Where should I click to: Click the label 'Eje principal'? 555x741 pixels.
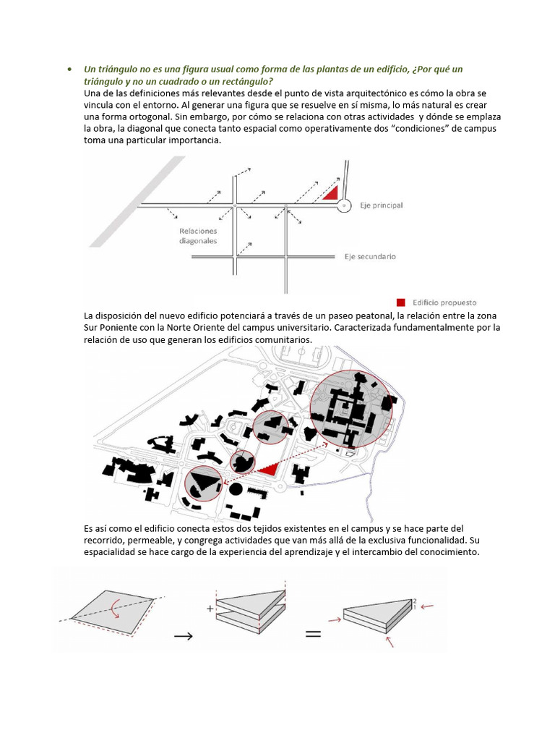click(x=382, y=206)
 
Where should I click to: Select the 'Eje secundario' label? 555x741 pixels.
click(x=370, y=256)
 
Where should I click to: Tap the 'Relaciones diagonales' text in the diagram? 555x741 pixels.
click(x=199, y=237)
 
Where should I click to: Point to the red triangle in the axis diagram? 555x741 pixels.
click(x=331, y=192)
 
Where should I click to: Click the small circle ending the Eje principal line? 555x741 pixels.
click(x=345, y=206)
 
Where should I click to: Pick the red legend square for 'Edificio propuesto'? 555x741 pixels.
click(x=400, y=302)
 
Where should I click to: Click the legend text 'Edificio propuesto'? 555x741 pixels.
click(x=444, y=302)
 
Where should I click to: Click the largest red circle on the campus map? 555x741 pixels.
click(x=351, y=410)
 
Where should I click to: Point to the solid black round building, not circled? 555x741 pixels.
click(x=236, y=490)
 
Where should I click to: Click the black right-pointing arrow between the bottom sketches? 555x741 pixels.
click(x=184, y=635)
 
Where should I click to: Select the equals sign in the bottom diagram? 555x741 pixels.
click(x=312, y=634)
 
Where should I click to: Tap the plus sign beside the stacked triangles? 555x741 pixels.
click(x=210, y=609)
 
